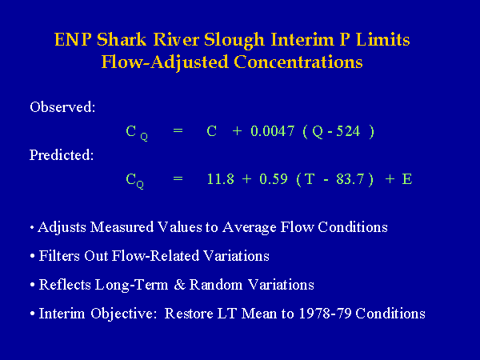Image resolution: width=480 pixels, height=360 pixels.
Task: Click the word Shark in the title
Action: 122,40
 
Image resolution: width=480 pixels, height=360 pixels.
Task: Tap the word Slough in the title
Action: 234,41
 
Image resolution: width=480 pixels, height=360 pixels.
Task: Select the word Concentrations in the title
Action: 298,62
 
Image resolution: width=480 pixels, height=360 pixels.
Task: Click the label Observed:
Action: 62,107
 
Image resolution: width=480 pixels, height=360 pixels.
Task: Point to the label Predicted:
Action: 62,155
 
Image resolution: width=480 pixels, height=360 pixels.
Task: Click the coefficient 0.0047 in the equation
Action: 273,131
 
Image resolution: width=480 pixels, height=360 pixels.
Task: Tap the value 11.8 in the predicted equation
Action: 221,178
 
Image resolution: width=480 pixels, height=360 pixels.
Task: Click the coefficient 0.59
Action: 274,178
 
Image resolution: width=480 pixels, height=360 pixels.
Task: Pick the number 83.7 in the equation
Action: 350,178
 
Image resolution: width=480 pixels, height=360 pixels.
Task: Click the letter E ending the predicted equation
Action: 407,178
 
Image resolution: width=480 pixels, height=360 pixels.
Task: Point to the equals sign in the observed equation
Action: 178,131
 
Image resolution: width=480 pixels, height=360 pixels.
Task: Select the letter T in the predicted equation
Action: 310,178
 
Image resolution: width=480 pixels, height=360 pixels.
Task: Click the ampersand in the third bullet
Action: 180,285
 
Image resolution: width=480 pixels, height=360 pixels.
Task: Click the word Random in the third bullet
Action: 216,285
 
